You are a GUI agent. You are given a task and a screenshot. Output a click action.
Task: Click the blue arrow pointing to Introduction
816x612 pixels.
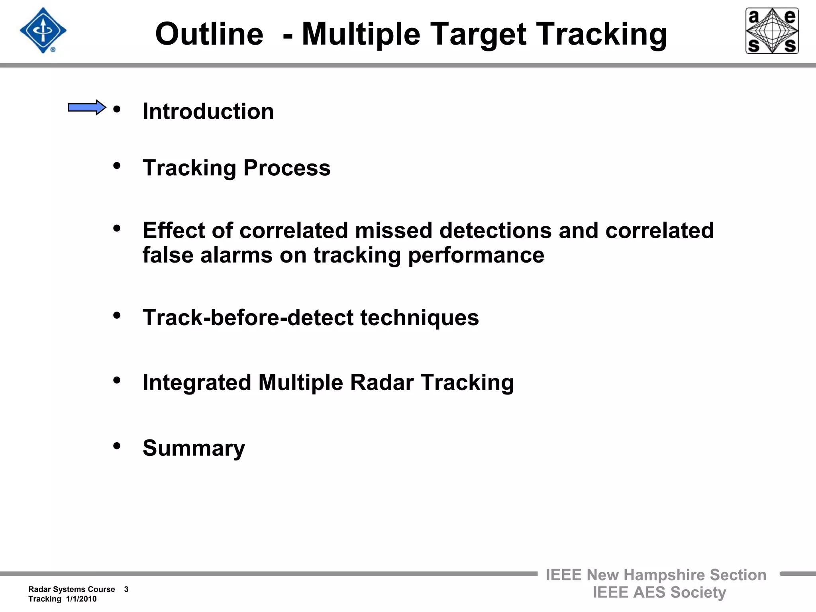[x=86, y=108]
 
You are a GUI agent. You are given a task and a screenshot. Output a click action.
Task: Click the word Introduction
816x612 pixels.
[x=208, y=111]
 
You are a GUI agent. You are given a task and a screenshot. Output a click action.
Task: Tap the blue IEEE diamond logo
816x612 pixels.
[x=43, y=31]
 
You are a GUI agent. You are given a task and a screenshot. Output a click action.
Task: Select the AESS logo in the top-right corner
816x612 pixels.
[x=772, y=31]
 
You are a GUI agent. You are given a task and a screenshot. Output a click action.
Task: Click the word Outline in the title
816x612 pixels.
[x=209, y=34]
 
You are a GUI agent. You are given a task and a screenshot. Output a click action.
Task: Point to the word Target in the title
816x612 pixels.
[x=479, y=34]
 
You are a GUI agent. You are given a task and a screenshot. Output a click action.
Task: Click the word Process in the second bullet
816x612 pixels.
[x=287, y=168]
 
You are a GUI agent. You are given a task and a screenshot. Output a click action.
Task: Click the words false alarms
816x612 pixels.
[x=208, y=255]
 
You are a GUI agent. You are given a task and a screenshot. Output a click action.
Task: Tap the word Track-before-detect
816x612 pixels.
[x=248, y=318]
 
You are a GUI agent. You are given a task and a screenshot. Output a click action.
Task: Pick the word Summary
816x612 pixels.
[x=194, y=448]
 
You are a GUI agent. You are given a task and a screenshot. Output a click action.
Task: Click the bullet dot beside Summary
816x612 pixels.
[x=117, y=445]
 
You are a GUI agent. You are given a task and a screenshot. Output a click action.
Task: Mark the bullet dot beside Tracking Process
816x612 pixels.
[x=117, y=165]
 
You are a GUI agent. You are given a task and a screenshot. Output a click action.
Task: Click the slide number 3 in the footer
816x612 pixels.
[x=126, y=589]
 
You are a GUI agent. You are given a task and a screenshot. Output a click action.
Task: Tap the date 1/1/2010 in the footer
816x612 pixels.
[x=81, y=599]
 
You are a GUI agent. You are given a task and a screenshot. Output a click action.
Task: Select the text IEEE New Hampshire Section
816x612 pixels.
[x=656, y=575]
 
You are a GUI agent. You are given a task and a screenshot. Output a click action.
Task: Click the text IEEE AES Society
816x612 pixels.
[x=659, y=592]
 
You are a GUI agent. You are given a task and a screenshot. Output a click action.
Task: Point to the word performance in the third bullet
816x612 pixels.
[x=476, y=255]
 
